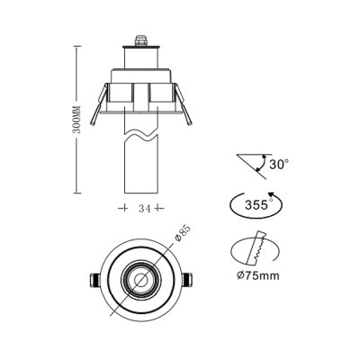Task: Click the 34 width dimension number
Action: pyautogui.click(x=142, y=208)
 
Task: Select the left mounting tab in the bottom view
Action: pyautogui.click(x=94, y=280)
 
